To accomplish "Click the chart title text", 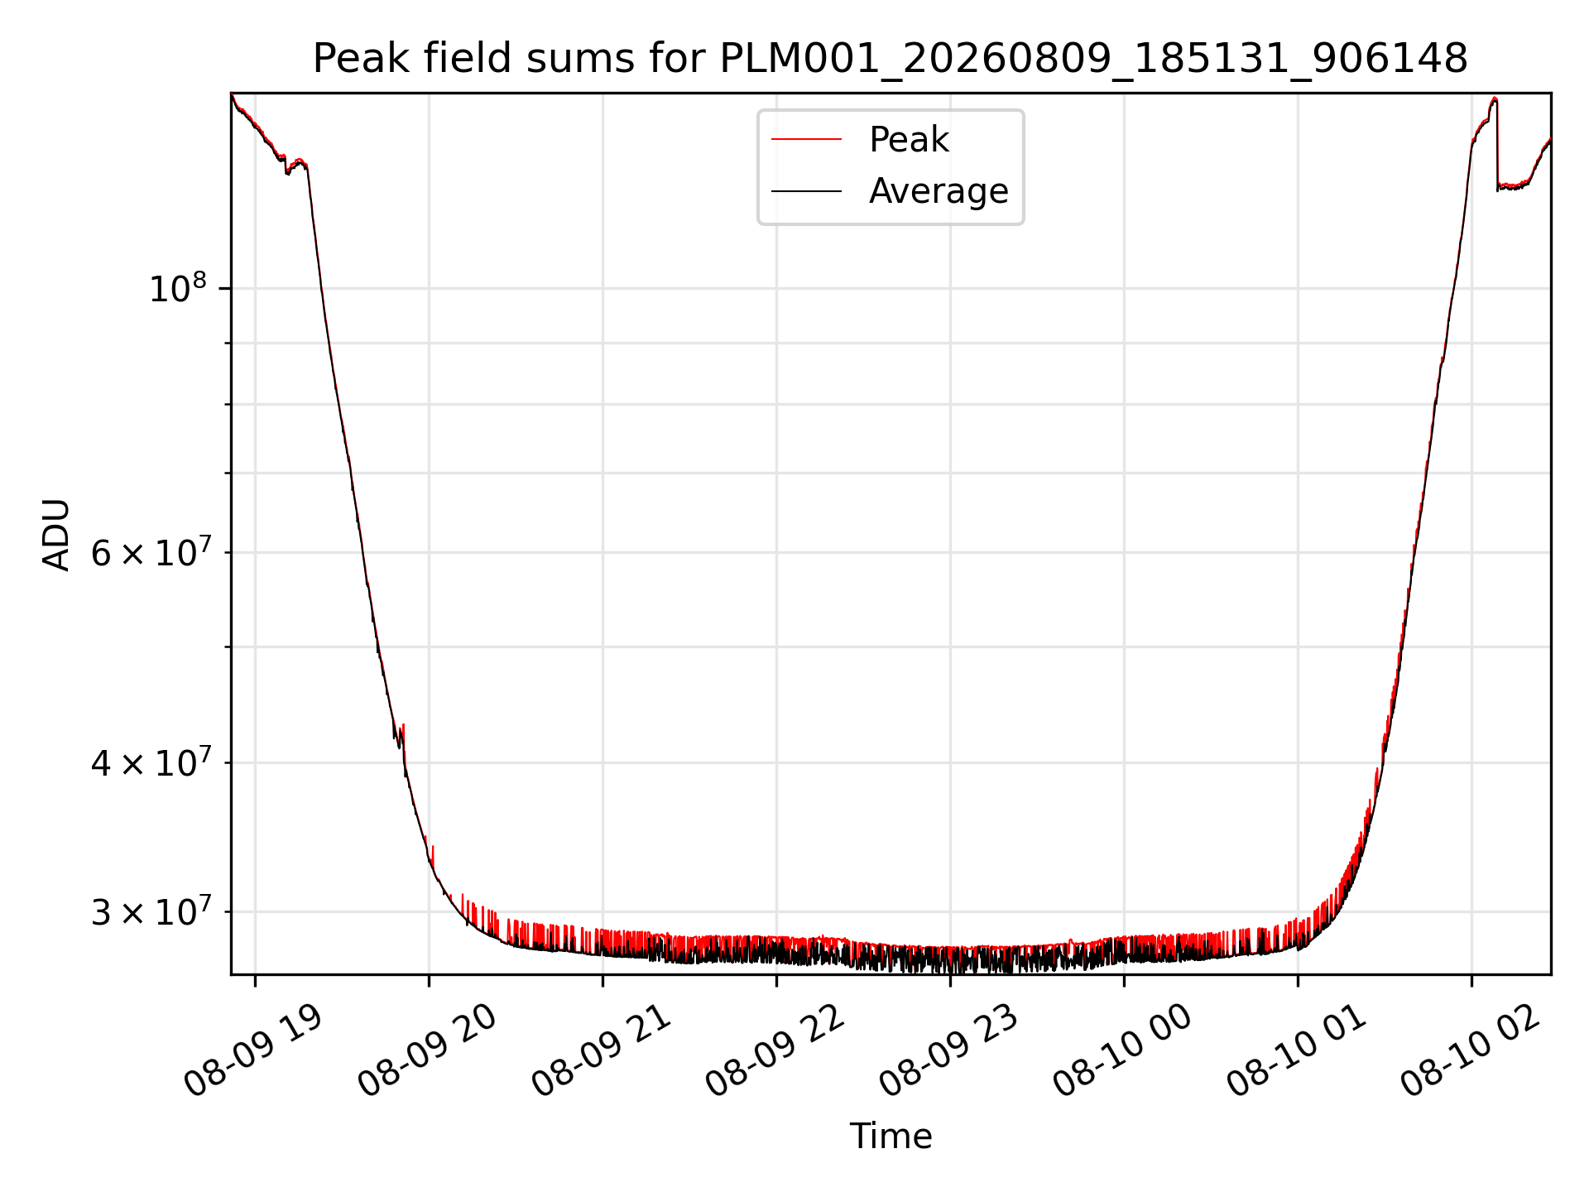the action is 891,59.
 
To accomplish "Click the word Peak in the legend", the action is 909,140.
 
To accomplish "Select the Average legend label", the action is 939,191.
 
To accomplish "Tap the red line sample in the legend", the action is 806,140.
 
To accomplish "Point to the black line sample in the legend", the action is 806,191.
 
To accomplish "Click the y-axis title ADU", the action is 56,535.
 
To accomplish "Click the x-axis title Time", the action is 891,1137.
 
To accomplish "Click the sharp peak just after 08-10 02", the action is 1495,99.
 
